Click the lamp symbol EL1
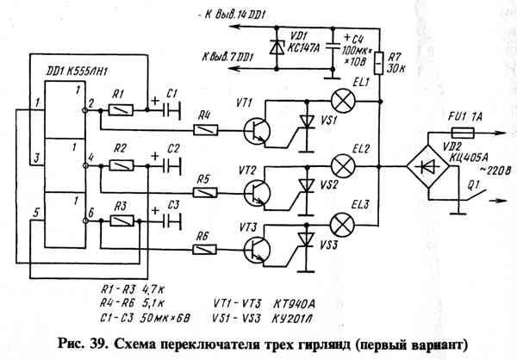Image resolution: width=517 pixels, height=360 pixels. coord(343,101)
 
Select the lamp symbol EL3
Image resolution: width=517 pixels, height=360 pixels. coord(343,225)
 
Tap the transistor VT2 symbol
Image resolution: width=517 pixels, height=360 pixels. coord(257,192)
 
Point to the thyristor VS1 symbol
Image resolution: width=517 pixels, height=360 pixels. coord(307,121)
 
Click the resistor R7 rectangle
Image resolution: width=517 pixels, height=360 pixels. coord(380,63)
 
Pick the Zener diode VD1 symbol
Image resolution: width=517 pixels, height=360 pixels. coord(277,47)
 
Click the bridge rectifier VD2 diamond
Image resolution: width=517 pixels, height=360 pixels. coord(427,166)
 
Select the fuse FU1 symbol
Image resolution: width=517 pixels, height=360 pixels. coord(463,133)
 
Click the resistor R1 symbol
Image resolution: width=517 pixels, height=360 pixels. coord(121,110)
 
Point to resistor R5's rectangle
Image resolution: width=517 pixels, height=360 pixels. coord(205,192)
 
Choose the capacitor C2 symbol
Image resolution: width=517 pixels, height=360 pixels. coord(172,166)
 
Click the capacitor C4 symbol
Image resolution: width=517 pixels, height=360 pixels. coord(333,47)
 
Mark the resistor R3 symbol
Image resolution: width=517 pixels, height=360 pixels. coord(122,220)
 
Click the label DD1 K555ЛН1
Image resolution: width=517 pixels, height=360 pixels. coord(77,71)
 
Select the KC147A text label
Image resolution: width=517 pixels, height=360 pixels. coord(303,48)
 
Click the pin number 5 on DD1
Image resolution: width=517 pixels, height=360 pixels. coord(37,213)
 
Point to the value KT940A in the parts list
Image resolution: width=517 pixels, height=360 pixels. coord(294,304)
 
